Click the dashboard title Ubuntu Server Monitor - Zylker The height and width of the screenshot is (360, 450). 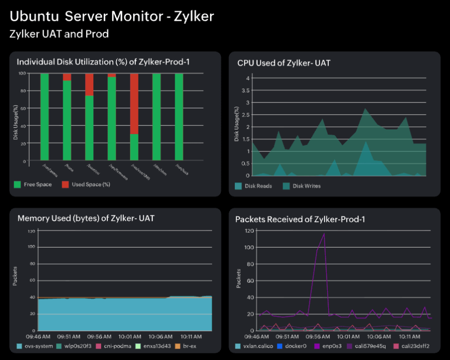point(112,17)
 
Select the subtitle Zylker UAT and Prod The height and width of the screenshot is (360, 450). point(59,34)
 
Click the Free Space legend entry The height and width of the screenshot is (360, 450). point(37,184)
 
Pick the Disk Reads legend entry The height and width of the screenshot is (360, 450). point(257,186)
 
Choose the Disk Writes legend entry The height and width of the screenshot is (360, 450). point(306,186)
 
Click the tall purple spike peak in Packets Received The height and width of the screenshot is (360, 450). point(324,234)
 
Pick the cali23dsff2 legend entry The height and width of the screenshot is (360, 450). point(412,345)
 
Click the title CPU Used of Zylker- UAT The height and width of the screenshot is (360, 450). point(284,63)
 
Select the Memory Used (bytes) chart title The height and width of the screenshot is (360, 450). point(86,218)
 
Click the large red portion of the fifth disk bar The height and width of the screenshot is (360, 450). point(134,104)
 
